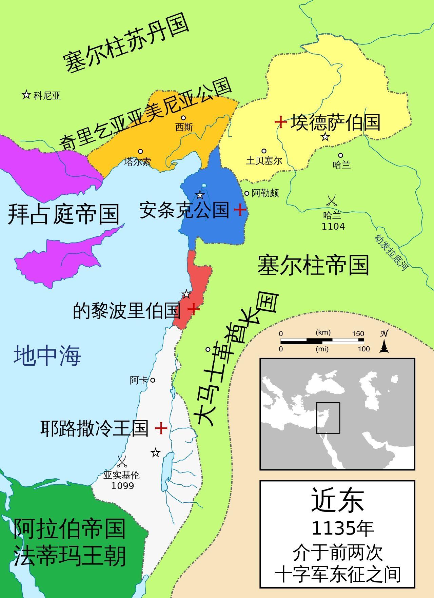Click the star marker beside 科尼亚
pos(26,95)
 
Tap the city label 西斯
pos(184,127)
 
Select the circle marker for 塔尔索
pos(140,152)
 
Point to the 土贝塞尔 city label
pos(264,160)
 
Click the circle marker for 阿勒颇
pos(247,193)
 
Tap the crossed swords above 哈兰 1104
pos(332,200)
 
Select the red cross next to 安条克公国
pos(240,210)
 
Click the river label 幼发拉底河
pos(391,253)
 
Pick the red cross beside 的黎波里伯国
pos(193,309)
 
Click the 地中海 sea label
pos(47,355)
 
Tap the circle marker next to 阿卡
pos(153,380)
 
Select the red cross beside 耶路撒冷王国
pos(161,428)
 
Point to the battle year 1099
pos(122,486)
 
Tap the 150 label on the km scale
pos(358,334)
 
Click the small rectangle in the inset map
pos(328,418)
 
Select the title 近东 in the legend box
pos(337,500)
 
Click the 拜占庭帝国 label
pos(63,214)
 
